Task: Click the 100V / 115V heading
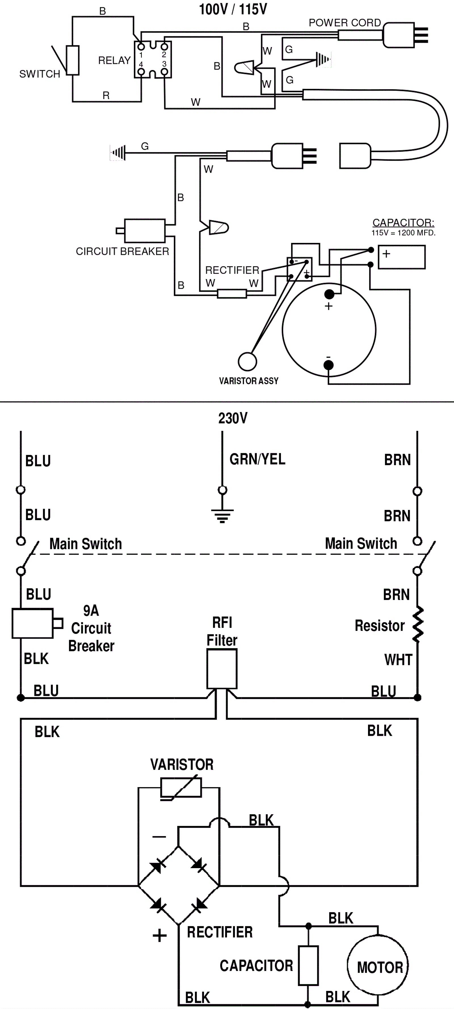[233, 9]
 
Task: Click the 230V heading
[233, 418]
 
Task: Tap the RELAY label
[114, 60]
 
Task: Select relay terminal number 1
[141, 55]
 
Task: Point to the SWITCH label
[40, 74]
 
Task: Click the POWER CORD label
[345, 23]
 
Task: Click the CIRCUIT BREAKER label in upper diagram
[122, 251]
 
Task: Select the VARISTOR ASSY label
[249, 381]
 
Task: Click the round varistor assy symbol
[247, 361]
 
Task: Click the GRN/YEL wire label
[257, 459]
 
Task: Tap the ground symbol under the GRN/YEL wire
[222, 516]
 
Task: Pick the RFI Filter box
[222, 669]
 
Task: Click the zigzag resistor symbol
[418, 625]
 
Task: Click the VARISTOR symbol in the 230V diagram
[181, 787]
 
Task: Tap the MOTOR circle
[378, 967]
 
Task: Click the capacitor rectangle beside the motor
[308, 966]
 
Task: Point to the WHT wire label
[398, 660]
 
